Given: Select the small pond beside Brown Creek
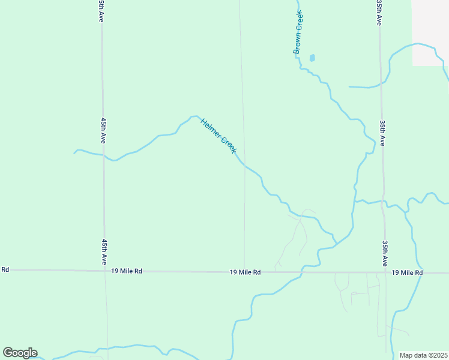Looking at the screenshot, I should (x=312, y=58).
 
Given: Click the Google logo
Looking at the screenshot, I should (x=20, y=352).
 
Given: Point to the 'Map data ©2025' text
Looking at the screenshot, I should (x=424, y=355).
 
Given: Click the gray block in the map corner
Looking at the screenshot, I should (x=430, y=32).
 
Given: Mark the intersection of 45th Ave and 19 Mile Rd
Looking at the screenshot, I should (x=104, y=271).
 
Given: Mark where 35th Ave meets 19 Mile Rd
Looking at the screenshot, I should (x=385, y=273).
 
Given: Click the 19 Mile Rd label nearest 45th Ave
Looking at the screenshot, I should (x=127, y=271).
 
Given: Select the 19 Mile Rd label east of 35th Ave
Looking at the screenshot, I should (x=408, y=273).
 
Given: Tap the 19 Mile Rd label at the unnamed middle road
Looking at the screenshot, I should (x=245, y=272).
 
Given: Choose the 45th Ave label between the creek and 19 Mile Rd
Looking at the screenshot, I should (x=104, y=253).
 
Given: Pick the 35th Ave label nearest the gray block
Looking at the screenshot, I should (x=379, y=12).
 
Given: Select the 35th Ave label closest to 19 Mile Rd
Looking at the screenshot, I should (x=384, y=254).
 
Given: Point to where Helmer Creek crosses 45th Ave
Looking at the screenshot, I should (x=103, y=156).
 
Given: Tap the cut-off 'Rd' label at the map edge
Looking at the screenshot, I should (x=5, y=269).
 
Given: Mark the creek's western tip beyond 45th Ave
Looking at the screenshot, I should (x=74, y=153).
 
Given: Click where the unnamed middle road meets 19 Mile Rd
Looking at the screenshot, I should (x=244, y=272).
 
